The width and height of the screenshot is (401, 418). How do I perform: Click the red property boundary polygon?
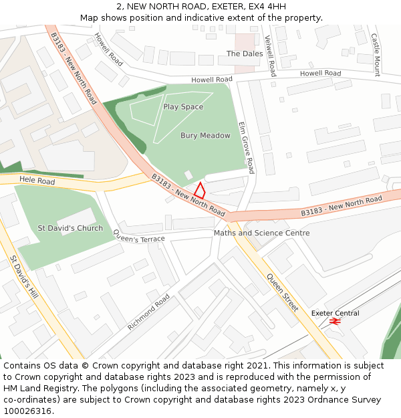[x=199, y=190]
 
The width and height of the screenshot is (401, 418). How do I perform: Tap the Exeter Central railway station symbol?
[x=336, y=322]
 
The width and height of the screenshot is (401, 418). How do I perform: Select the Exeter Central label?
[x=335, y=313]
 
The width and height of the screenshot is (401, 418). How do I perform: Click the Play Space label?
[x=183, y=107]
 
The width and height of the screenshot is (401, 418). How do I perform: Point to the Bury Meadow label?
[x=205, y=136]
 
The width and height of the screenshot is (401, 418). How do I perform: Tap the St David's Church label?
[x=70, y=228]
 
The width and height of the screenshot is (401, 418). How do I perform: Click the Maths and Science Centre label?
[x=261, y=233]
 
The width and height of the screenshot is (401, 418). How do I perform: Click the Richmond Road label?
[x=148, y=312]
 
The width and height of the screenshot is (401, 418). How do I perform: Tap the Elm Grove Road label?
[x=246, y=147]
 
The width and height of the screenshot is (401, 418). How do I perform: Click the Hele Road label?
[x=37, y=181]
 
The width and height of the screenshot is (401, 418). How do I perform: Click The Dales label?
[x=245, y=54]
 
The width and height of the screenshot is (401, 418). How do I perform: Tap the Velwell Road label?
[x=270, y=56]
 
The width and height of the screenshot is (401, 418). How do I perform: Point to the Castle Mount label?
[x=376, y=55]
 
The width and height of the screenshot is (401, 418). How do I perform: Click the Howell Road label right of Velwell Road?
[x=320, y=74]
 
